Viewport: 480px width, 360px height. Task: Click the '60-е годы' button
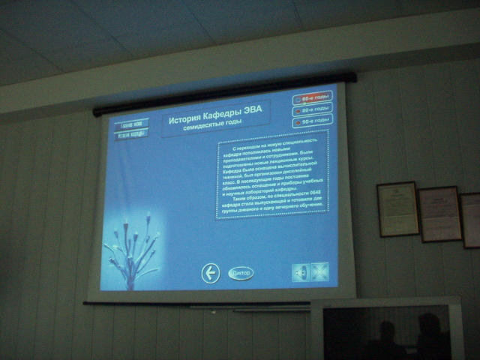313,97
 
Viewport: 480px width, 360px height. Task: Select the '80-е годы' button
313,109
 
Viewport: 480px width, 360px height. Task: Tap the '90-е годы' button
313,120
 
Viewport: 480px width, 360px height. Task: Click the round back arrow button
211,273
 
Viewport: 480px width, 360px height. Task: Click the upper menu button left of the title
130,123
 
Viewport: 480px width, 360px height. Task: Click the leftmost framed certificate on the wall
397,208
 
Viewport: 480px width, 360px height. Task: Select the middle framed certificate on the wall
439,214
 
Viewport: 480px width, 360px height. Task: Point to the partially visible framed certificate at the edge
471,220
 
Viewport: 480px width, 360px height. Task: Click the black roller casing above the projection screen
225,94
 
